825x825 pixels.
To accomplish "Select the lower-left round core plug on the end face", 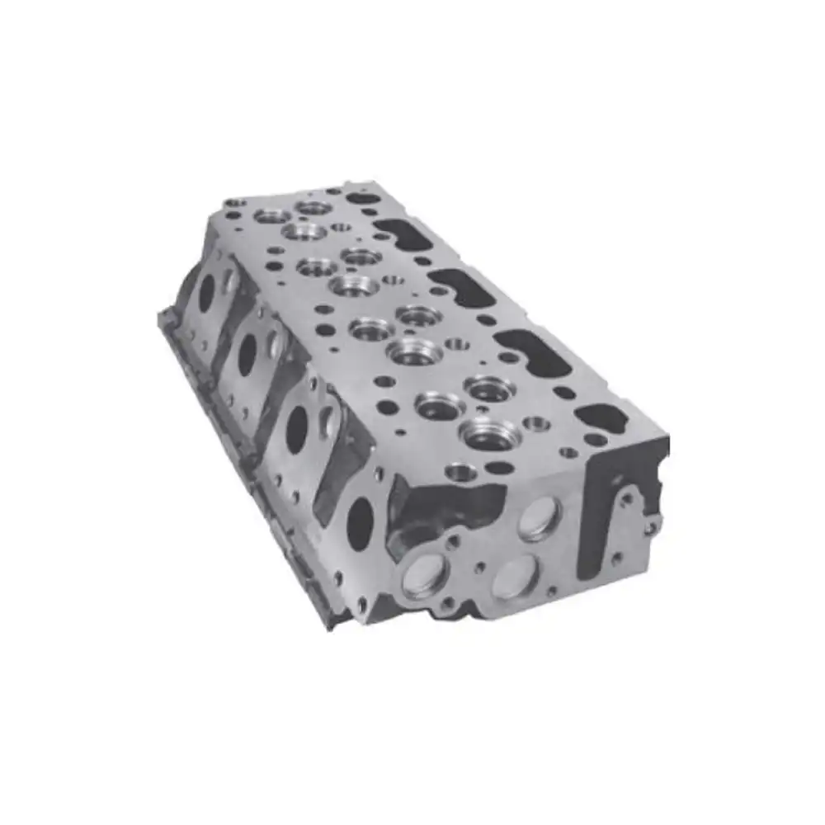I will pyautogui.click(x=425, y=575).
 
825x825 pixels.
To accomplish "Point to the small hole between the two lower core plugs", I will pyautogui.click(x=478, y=568).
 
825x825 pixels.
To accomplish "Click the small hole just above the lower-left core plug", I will pyautogui.click(x=452, y=542).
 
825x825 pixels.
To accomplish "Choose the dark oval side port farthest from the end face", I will pyautogui.click(x=205, y=293).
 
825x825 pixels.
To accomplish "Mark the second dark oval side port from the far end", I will pyautogui.click(x=247, y=353).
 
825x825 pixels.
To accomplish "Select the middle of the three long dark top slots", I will pyautogui.click(x=460, y=287).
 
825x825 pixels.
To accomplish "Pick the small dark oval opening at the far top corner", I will pyautogui.click(x=363, y=198).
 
